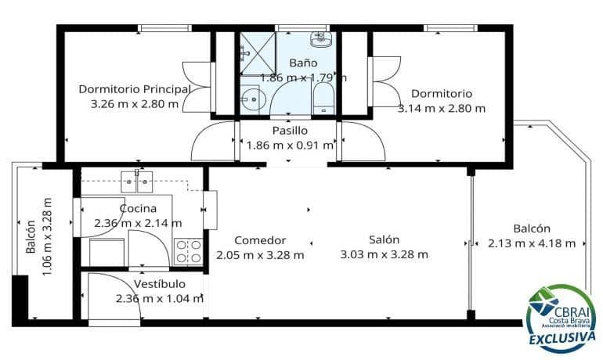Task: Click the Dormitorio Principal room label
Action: tap(134, 88)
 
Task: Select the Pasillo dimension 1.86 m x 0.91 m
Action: tap(291, 145)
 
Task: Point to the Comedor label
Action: tap(261, 240)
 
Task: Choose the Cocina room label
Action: tap(138, 208)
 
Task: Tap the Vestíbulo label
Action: tap(159, 283)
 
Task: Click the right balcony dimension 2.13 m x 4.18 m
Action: tap(531, 243)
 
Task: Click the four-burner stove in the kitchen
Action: tap(188, 250)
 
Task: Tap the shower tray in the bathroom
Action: tap(257, 53)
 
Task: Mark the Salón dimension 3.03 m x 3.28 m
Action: tap(385, 254)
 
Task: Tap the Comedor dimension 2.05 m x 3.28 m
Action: tap(261, 254)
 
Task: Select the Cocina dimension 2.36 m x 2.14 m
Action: tap(138, 223)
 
